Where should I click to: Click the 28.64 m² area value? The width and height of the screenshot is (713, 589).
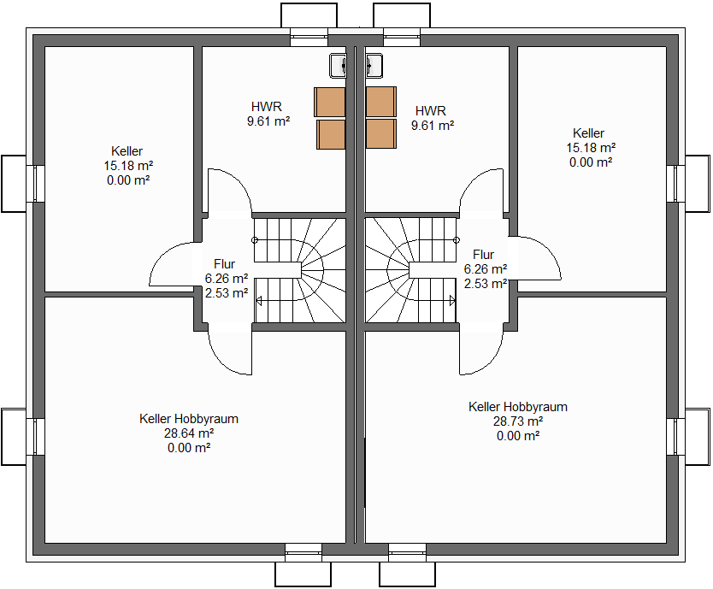click(x=189, y=433)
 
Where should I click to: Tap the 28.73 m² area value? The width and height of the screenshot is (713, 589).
click(x=518, y=421)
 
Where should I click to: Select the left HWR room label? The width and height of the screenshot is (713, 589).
click(x=266, y=107)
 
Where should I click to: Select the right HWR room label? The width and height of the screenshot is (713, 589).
click(x=431, y=111)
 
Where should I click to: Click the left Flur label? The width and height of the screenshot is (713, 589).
click(x=224, y=264)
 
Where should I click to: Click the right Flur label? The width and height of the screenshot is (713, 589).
click(x=483, y=255)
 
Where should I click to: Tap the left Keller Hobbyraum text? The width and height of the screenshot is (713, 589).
click(x=189, y=419)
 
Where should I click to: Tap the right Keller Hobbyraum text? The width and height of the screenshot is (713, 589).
click(x=518, y=407)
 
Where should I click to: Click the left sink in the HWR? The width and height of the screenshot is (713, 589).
click(x=339, y=64)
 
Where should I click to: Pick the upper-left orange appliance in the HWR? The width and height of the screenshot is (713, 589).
click(x=329, y=102)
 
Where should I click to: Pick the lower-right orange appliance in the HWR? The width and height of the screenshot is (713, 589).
click(x=381, y=133)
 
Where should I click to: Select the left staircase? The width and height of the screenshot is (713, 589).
click(x=299, y=270)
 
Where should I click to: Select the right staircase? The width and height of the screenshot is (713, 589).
click(x=410, y=270)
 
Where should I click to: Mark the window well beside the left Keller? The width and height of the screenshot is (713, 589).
click(x=14, y=182)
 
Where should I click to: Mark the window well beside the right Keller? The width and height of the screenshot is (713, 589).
click(x=699, y=182)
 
